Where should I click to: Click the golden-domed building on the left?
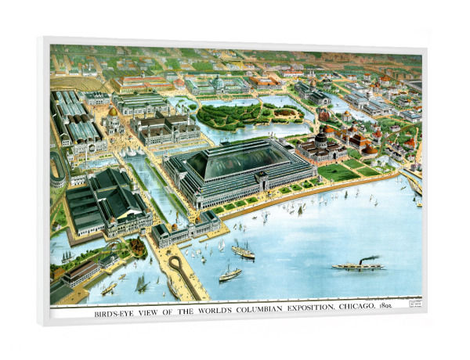[x=114, y=123]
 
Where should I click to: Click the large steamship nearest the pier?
[x=243, y=251]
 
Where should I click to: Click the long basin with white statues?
[x=149, y=188]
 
